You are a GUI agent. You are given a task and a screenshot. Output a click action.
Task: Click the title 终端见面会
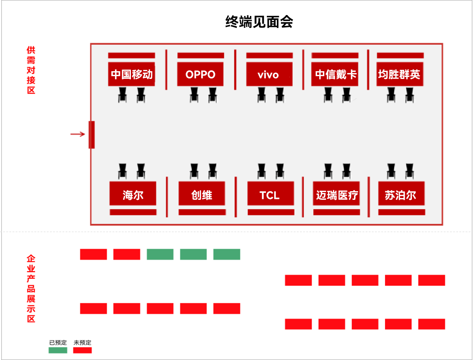pyautogui.click(x=259, y=22)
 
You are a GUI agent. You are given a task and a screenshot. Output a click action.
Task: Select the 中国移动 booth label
pyautogui.click(x=131, y=74)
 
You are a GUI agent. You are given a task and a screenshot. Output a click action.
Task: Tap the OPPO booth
pyautogui.click(x=200, y=74)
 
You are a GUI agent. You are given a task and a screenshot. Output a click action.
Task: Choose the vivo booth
pyautogui.click(x=269, y=74)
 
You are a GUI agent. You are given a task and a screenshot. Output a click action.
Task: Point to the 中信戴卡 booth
pyautogui.click(x=335, y=74)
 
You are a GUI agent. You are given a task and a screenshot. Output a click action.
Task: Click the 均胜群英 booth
pyautogui.click(x=400, y=74)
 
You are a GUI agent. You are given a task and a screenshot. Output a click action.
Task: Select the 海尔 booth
pyautogui.click(x=133, y=195)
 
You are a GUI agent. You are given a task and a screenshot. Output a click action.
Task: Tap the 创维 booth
pyautogui.click(x=202, y=195)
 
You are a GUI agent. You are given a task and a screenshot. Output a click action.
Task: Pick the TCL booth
pyautogui.click(x=270, y=195)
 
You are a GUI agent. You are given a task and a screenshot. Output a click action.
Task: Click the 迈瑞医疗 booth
pyautogui.click(x=337, y=195)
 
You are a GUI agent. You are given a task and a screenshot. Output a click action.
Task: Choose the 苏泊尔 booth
pyautogui.click(x=401, y=195)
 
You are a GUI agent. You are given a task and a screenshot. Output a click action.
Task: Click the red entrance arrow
pyautogui.click(x=78, y=134)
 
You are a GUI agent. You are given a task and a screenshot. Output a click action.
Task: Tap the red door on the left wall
pyautogui.click(x=92, y=135)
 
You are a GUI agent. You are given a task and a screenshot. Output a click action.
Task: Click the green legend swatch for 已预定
pyautogui.click(x=58, y=350)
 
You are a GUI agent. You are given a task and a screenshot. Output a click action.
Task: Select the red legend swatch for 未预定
pyautogui.click(x=83, y=350)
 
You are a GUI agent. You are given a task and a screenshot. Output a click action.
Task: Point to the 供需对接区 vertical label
pyautogui.click(x=31, y=70)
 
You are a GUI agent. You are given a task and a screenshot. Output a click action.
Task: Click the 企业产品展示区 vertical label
pyautogui.click(x=31, y=289)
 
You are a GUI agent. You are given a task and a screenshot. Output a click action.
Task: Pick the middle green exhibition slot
pyautogui.click(x=193, y=254)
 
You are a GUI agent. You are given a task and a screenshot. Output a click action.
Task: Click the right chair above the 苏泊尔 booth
pyautogui.click(x=410, y=171)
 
